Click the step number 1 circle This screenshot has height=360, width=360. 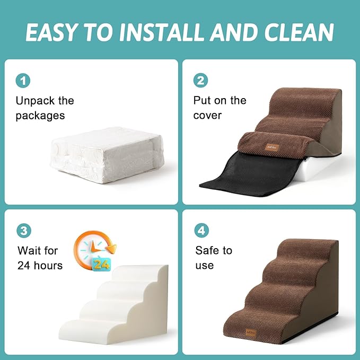pos(23,81)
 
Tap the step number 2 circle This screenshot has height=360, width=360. pos(201,81)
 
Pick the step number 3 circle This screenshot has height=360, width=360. pos(23,231)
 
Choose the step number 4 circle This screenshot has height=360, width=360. pos(202,231)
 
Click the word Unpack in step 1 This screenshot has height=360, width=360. pos(34,101)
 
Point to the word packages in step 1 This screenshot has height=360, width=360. pos(40,116)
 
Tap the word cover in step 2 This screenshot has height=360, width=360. pos(207,115)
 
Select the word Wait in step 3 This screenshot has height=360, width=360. pos(30,250)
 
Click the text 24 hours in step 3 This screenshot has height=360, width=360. pos(40,265)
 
